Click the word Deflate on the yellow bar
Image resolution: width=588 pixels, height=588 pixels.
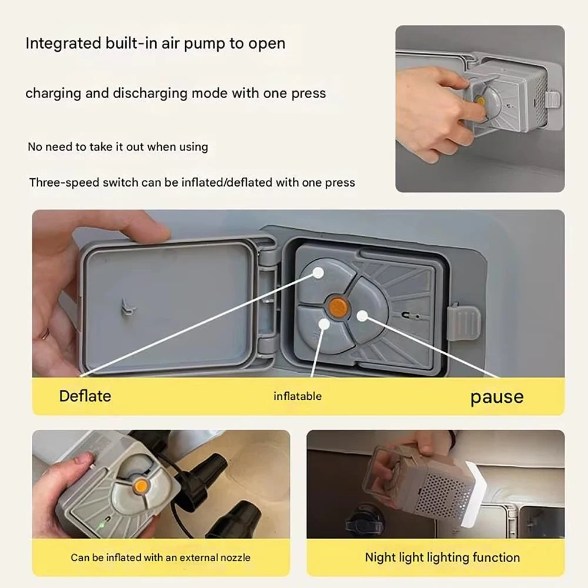[x=85, y=396]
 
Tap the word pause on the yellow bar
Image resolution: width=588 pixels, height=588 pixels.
[x=497, y=397]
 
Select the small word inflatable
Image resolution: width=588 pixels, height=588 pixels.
[x=298, y=396]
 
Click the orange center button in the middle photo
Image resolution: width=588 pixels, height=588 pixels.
[x=338, y=307]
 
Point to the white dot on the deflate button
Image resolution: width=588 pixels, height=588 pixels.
[x=318, y=273]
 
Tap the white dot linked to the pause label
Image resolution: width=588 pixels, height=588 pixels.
[x=362, y=316]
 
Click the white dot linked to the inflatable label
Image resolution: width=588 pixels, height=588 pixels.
[x=325, y=323]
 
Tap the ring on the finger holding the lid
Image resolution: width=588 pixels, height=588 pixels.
[x=45, y=333]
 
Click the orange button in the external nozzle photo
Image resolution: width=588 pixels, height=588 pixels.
[x=141, y=487]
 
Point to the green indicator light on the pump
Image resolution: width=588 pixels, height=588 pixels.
[x=101, y=525]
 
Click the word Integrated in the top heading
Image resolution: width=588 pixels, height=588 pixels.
[x=64, y=44]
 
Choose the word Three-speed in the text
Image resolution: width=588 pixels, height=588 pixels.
[x=64, y=183]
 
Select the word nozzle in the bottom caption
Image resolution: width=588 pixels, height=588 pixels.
[x=236, y=557]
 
